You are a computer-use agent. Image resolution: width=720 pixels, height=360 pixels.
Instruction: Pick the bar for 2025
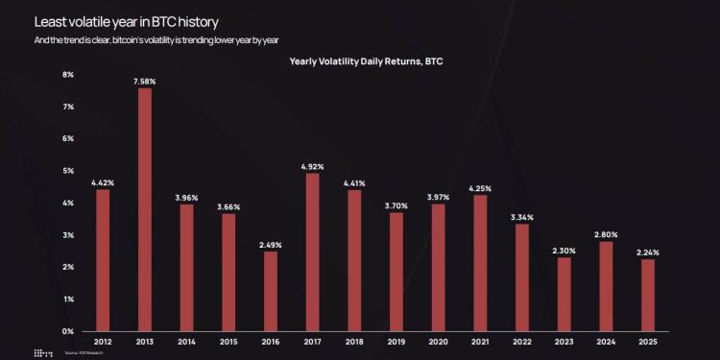[648, 295]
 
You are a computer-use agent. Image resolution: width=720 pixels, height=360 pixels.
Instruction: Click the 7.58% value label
[144, 82]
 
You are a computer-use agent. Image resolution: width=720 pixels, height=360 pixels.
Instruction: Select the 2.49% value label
[270, 245]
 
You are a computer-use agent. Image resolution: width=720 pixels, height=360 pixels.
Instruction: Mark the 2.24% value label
[648, 252]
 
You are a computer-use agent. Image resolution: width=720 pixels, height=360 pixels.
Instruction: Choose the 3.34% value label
[522, 217]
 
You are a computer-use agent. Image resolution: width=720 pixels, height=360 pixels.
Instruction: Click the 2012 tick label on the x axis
[102, 341]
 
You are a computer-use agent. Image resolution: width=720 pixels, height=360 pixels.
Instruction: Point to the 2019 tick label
[396, 341]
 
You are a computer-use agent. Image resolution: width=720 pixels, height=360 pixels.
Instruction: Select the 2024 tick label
[606, 341]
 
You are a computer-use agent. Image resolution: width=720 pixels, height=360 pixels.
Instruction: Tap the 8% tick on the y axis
[68, 74]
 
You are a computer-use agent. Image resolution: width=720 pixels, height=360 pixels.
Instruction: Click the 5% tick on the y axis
[68, 171]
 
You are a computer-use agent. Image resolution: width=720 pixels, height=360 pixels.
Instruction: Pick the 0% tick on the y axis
[68, 331]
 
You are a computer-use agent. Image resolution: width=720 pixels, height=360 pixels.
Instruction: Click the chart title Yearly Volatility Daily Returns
[366, 60]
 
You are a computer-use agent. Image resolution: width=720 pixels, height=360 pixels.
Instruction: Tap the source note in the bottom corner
[84, 353]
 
